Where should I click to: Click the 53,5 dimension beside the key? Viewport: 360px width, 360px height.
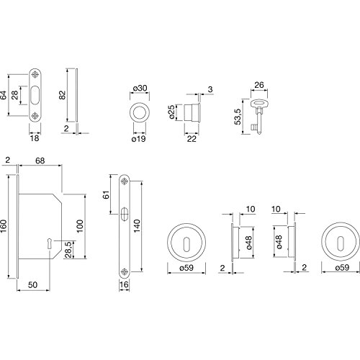click(238, 117)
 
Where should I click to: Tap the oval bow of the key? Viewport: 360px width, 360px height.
click(259, 104)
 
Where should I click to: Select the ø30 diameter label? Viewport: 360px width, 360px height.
click(140, 89)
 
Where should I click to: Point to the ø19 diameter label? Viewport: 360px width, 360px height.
click(139, 138)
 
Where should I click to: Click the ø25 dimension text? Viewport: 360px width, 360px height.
click(172, 112)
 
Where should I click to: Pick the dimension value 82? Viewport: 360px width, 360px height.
click(62, 95)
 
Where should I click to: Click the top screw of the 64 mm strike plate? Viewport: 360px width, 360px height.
click(35, 75)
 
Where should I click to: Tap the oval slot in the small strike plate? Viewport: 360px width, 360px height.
click(35, 95)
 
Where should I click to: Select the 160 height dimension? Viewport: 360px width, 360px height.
click(4, 226)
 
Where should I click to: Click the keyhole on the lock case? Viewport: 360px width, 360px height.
click(50, 243)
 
